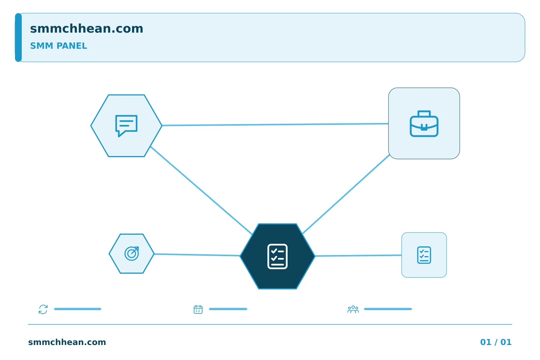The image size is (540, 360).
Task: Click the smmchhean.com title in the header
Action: (87, 28)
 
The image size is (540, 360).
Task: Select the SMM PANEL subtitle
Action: (58, 46)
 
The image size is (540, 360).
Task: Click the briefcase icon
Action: (424, 124)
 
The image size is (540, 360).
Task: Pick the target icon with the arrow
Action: (132, 253)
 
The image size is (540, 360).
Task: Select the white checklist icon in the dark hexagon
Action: (277, 256)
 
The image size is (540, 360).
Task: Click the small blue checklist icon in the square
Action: (424, 255)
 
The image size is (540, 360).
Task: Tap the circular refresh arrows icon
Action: (43, 309)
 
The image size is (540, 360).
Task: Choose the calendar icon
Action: (198, 309)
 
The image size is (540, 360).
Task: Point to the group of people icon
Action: (353, 309)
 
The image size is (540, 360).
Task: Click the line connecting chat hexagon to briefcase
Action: (275, 124)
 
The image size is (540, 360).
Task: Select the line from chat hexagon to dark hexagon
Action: (201, 190)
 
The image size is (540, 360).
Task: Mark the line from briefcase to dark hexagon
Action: (346, 194)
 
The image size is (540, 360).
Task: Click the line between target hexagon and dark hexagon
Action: (197, 255)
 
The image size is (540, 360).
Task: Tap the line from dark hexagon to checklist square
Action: (358, 256)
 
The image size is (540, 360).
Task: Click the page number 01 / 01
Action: (496, 342)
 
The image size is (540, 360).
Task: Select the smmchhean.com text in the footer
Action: (67, 342)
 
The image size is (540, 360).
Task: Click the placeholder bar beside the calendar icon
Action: (228, 309)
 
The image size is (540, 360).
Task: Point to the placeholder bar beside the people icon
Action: (388, 309)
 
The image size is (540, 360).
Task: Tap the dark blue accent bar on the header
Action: (18, 37)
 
